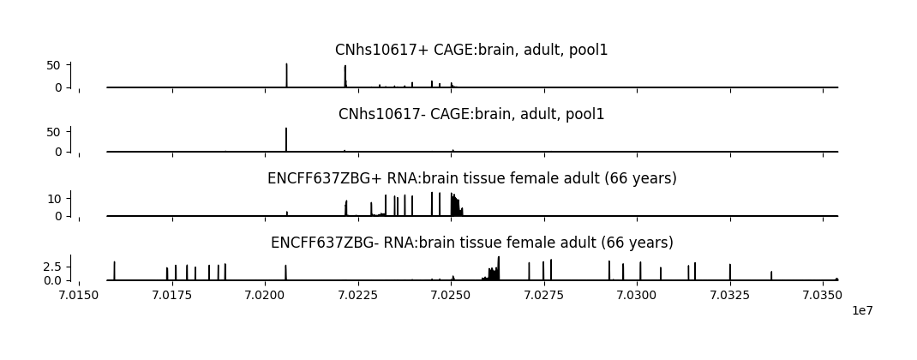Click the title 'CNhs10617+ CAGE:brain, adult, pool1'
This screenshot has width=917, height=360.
[471, 51]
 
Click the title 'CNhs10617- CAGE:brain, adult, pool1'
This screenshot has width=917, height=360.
[471, 115]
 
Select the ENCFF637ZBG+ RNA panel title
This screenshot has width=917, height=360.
[471, 179]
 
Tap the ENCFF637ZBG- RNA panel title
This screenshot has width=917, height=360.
[471, 243]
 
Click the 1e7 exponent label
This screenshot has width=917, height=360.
[862, 310]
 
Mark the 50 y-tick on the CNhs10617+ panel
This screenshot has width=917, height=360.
[54, 65]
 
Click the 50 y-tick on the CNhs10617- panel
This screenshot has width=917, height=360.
[54, 132]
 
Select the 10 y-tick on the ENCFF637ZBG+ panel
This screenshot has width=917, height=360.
[54, 199]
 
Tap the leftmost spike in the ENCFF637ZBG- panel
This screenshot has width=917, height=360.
[114, 264]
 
